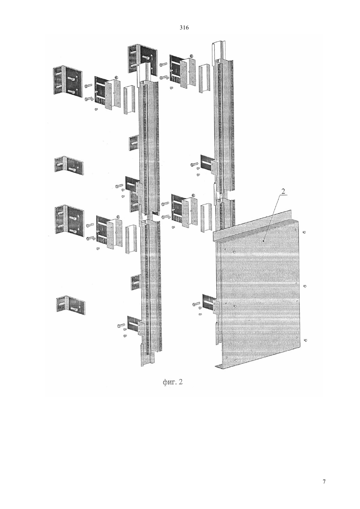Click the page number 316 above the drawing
click(184, 28)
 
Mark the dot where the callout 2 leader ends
click(263, 240)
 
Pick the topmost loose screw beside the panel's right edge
click(305, 232)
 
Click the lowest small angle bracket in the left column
click(71, 305)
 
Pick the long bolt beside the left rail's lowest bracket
click(121, 325)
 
